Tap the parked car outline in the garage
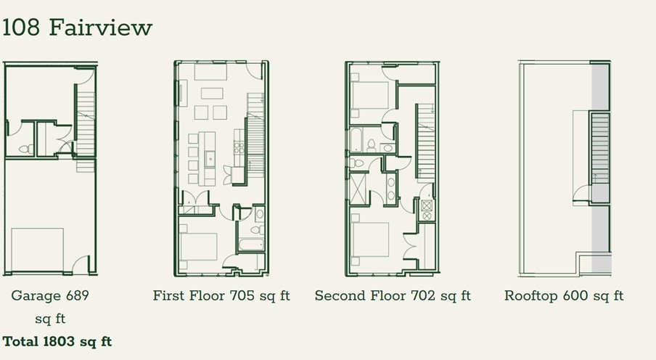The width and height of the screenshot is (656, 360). pyautogui.click(x=37, y=249)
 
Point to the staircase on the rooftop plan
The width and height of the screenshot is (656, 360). pyautogui.click(x=600, y=149)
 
